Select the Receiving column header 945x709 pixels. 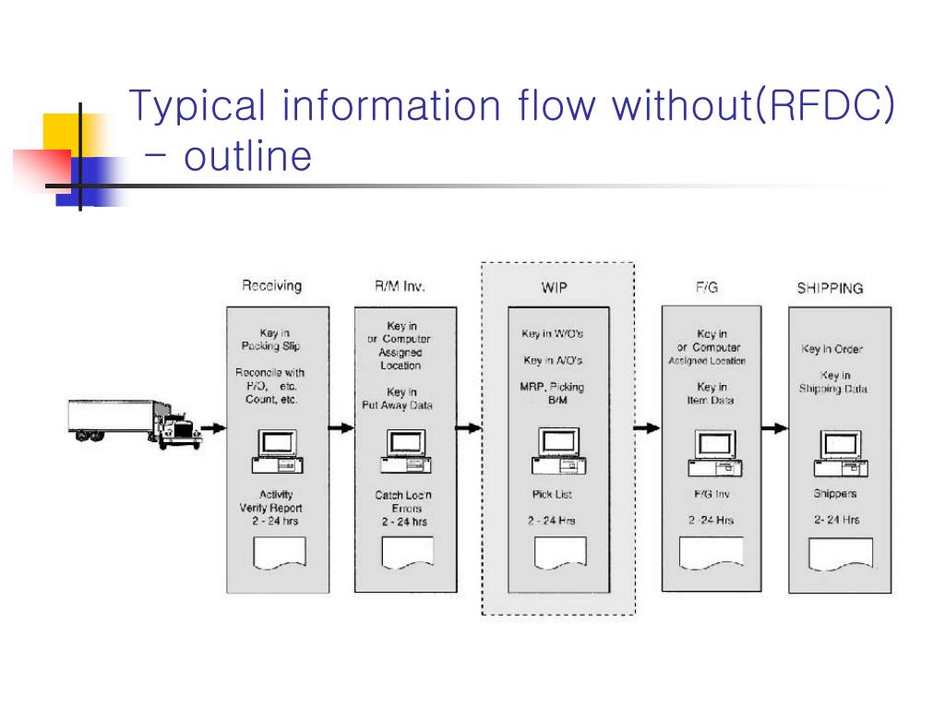[271, 286]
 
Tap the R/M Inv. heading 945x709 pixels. [400, 286]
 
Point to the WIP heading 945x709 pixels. [554, 288]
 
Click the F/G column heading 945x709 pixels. [707, 288]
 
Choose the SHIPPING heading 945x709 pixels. [830, 289]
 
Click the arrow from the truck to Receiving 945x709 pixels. [213, 427]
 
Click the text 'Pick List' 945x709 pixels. [553, 495]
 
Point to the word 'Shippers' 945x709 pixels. [835, 494]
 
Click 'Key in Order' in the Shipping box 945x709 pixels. [832, 350]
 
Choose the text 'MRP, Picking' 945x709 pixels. [553, 387]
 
